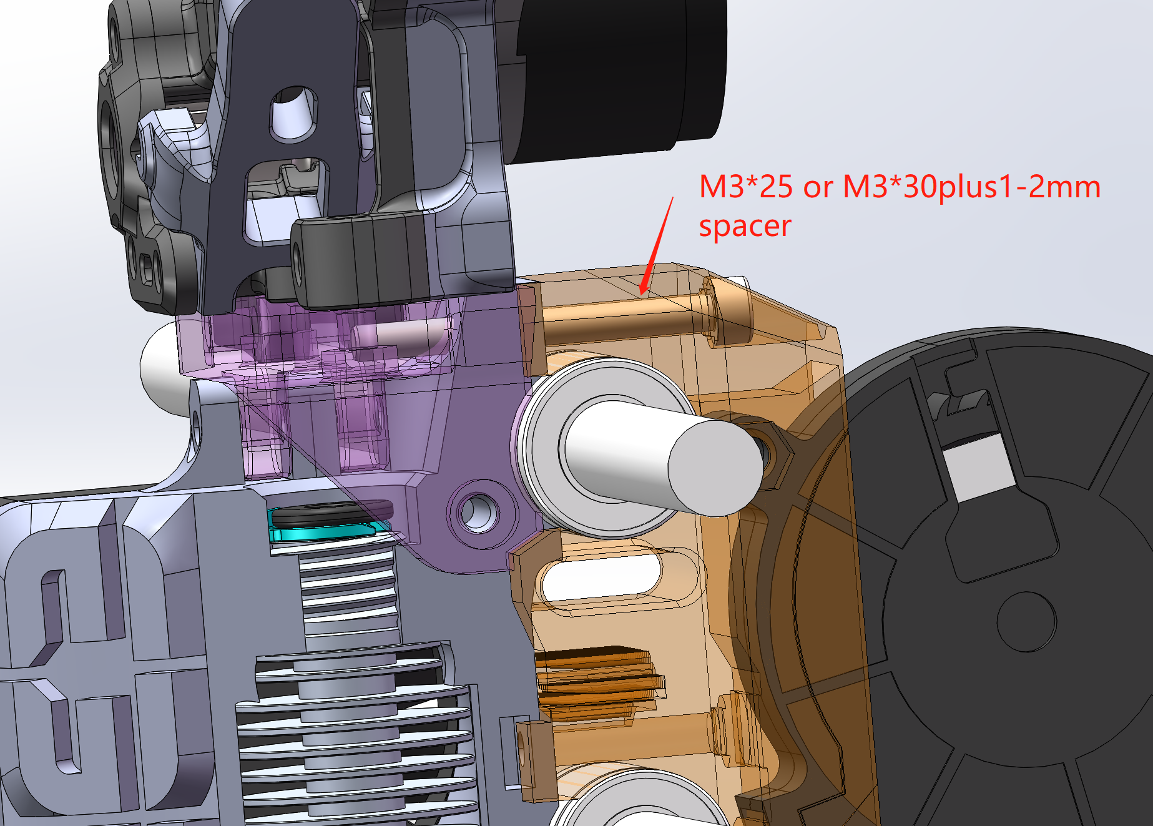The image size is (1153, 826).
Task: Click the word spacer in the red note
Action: point(745,227)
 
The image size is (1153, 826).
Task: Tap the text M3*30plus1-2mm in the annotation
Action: point(971,187)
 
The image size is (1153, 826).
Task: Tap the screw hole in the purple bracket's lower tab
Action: point(479,513)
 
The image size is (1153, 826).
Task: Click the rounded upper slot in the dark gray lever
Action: point(293,112)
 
